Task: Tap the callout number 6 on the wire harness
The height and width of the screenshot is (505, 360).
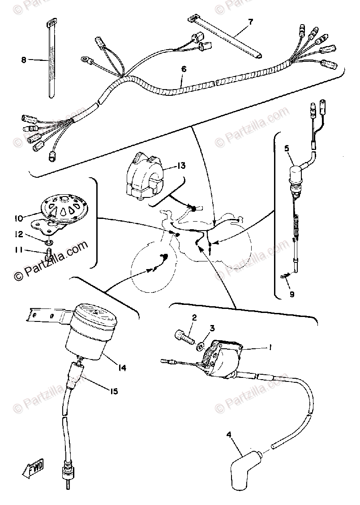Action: tap(183, 69)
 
